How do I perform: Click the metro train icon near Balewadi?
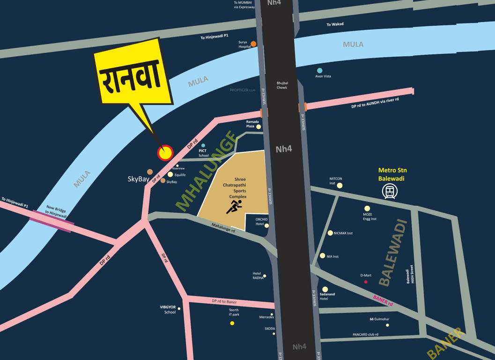click(x=389, y=191)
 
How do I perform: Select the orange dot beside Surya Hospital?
click(x=253, y=44)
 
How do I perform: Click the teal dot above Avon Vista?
click(x=320, y=71)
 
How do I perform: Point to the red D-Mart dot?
click(x=366, y=282)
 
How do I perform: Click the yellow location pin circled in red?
click(x=165, y=152)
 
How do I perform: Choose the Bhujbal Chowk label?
click(x=282, y=85)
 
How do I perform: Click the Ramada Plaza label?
click(x=253, y=124)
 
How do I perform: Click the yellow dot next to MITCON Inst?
click(x=340, y=186)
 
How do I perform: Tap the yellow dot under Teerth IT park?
click(x=232, y=323)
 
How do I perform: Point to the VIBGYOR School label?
click(x=168, y=310)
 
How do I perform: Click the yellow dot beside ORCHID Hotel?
click(x=266, y=225)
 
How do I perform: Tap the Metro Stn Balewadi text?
click(x=391, y=174)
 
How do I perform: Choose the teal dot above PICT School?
click(x=203, y=145)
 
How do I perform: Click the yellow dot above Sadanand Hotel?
click(x=325, y=289)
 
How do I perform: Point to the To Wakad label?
click(x=335, y=24)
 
